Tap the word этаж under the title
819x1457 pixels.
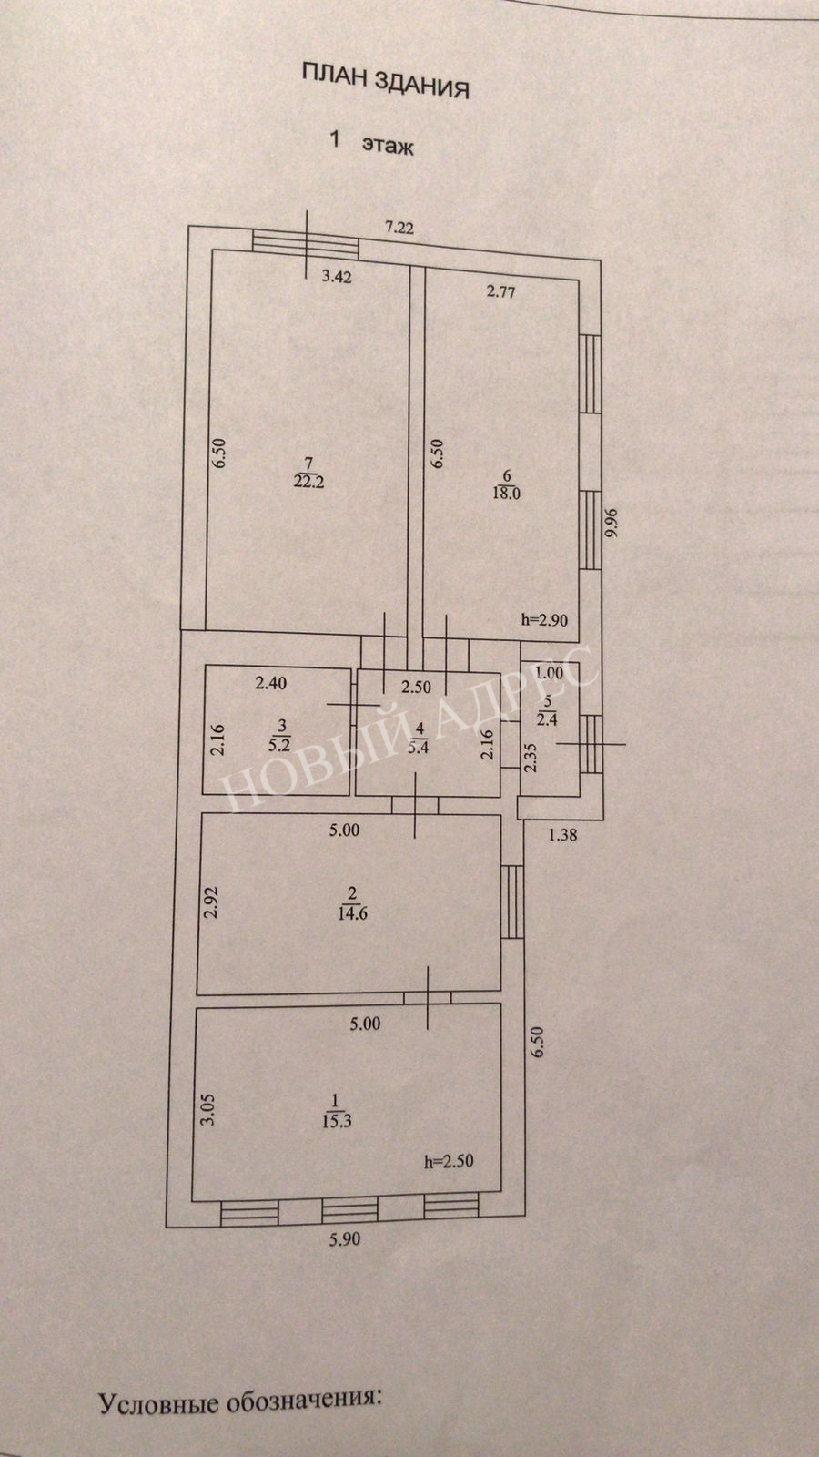point(388,145)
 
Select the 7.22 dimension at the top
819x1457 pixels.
point(399,228)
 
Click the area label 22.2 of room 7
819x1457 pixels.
point(308,482)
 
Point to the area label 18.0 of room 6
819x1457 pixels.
point(506,493)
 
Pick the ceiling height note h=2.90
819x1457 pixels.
point(545,620)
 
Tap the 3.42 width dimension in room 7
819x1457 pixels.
point(337,277)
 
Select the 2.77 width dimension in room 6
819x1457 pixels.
point(500,292)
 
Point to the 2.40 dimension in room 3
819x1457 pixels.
point(271,683)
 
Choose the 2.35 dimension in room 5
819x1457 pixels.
point(531,758)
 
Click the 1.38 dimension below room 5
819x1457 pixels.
point(562,834)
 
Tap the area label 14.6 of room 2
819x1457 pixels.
point(353,913)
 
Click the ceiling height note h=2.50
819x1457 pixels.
point(449,1162)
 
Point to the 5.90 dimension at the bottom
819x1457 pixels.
point(345,1239)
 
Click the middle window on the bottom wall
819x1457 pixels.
point(350,1209)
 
